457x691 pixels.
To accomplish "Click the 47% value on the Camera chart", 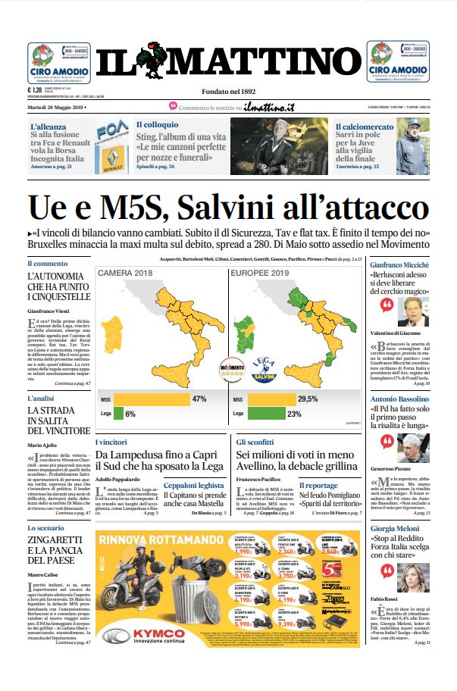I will pos(199,399).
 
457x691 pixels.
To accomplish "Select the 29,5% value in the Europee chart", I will pos(307,399).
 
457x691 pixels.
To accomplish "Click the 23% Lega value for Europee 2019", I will pos(295,414).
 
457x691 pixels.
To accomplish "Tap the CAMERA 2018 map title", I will pos(121,272).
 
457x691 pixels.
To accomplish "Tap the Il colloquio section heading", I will pos(158,124).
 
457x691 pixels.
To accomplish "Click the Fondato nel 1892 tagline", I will pos(228,92).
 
